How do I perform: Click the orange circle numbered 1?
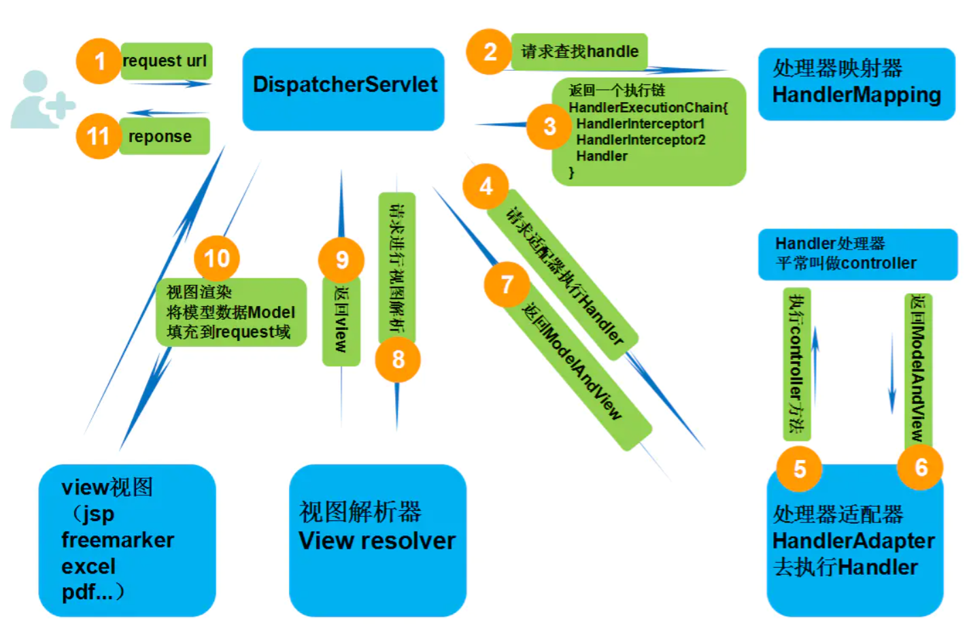coord(99,61)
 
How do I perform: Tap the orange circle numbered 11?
coord(98,136)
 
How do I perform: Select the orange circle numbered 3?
coord(549,127)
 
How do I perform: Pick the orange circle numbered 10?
coord(217,258)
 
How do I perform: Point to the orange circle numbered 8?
coord(398,359)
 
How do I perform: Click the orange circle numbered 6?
coord(921,467)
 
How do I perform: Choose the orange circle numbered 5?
coord(800,469)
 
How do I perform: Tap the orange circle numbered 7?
coord(507,284)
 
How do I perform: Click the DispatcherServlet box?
coord(343,88)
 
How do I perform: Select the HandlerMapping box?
coord(857,84)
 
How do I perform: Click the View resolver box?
coord(377,540)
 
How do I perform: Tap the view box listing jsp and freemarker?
coord(127,540)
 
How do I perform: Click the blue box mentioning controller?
coord(857,254)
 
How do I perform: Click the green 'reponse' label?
coord(164,136)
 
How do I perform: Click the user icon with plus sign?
coord(41,101)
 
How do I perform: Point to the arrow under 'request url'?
coord(170,84)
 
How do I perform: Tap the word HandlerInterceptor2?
coord(641,140)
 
